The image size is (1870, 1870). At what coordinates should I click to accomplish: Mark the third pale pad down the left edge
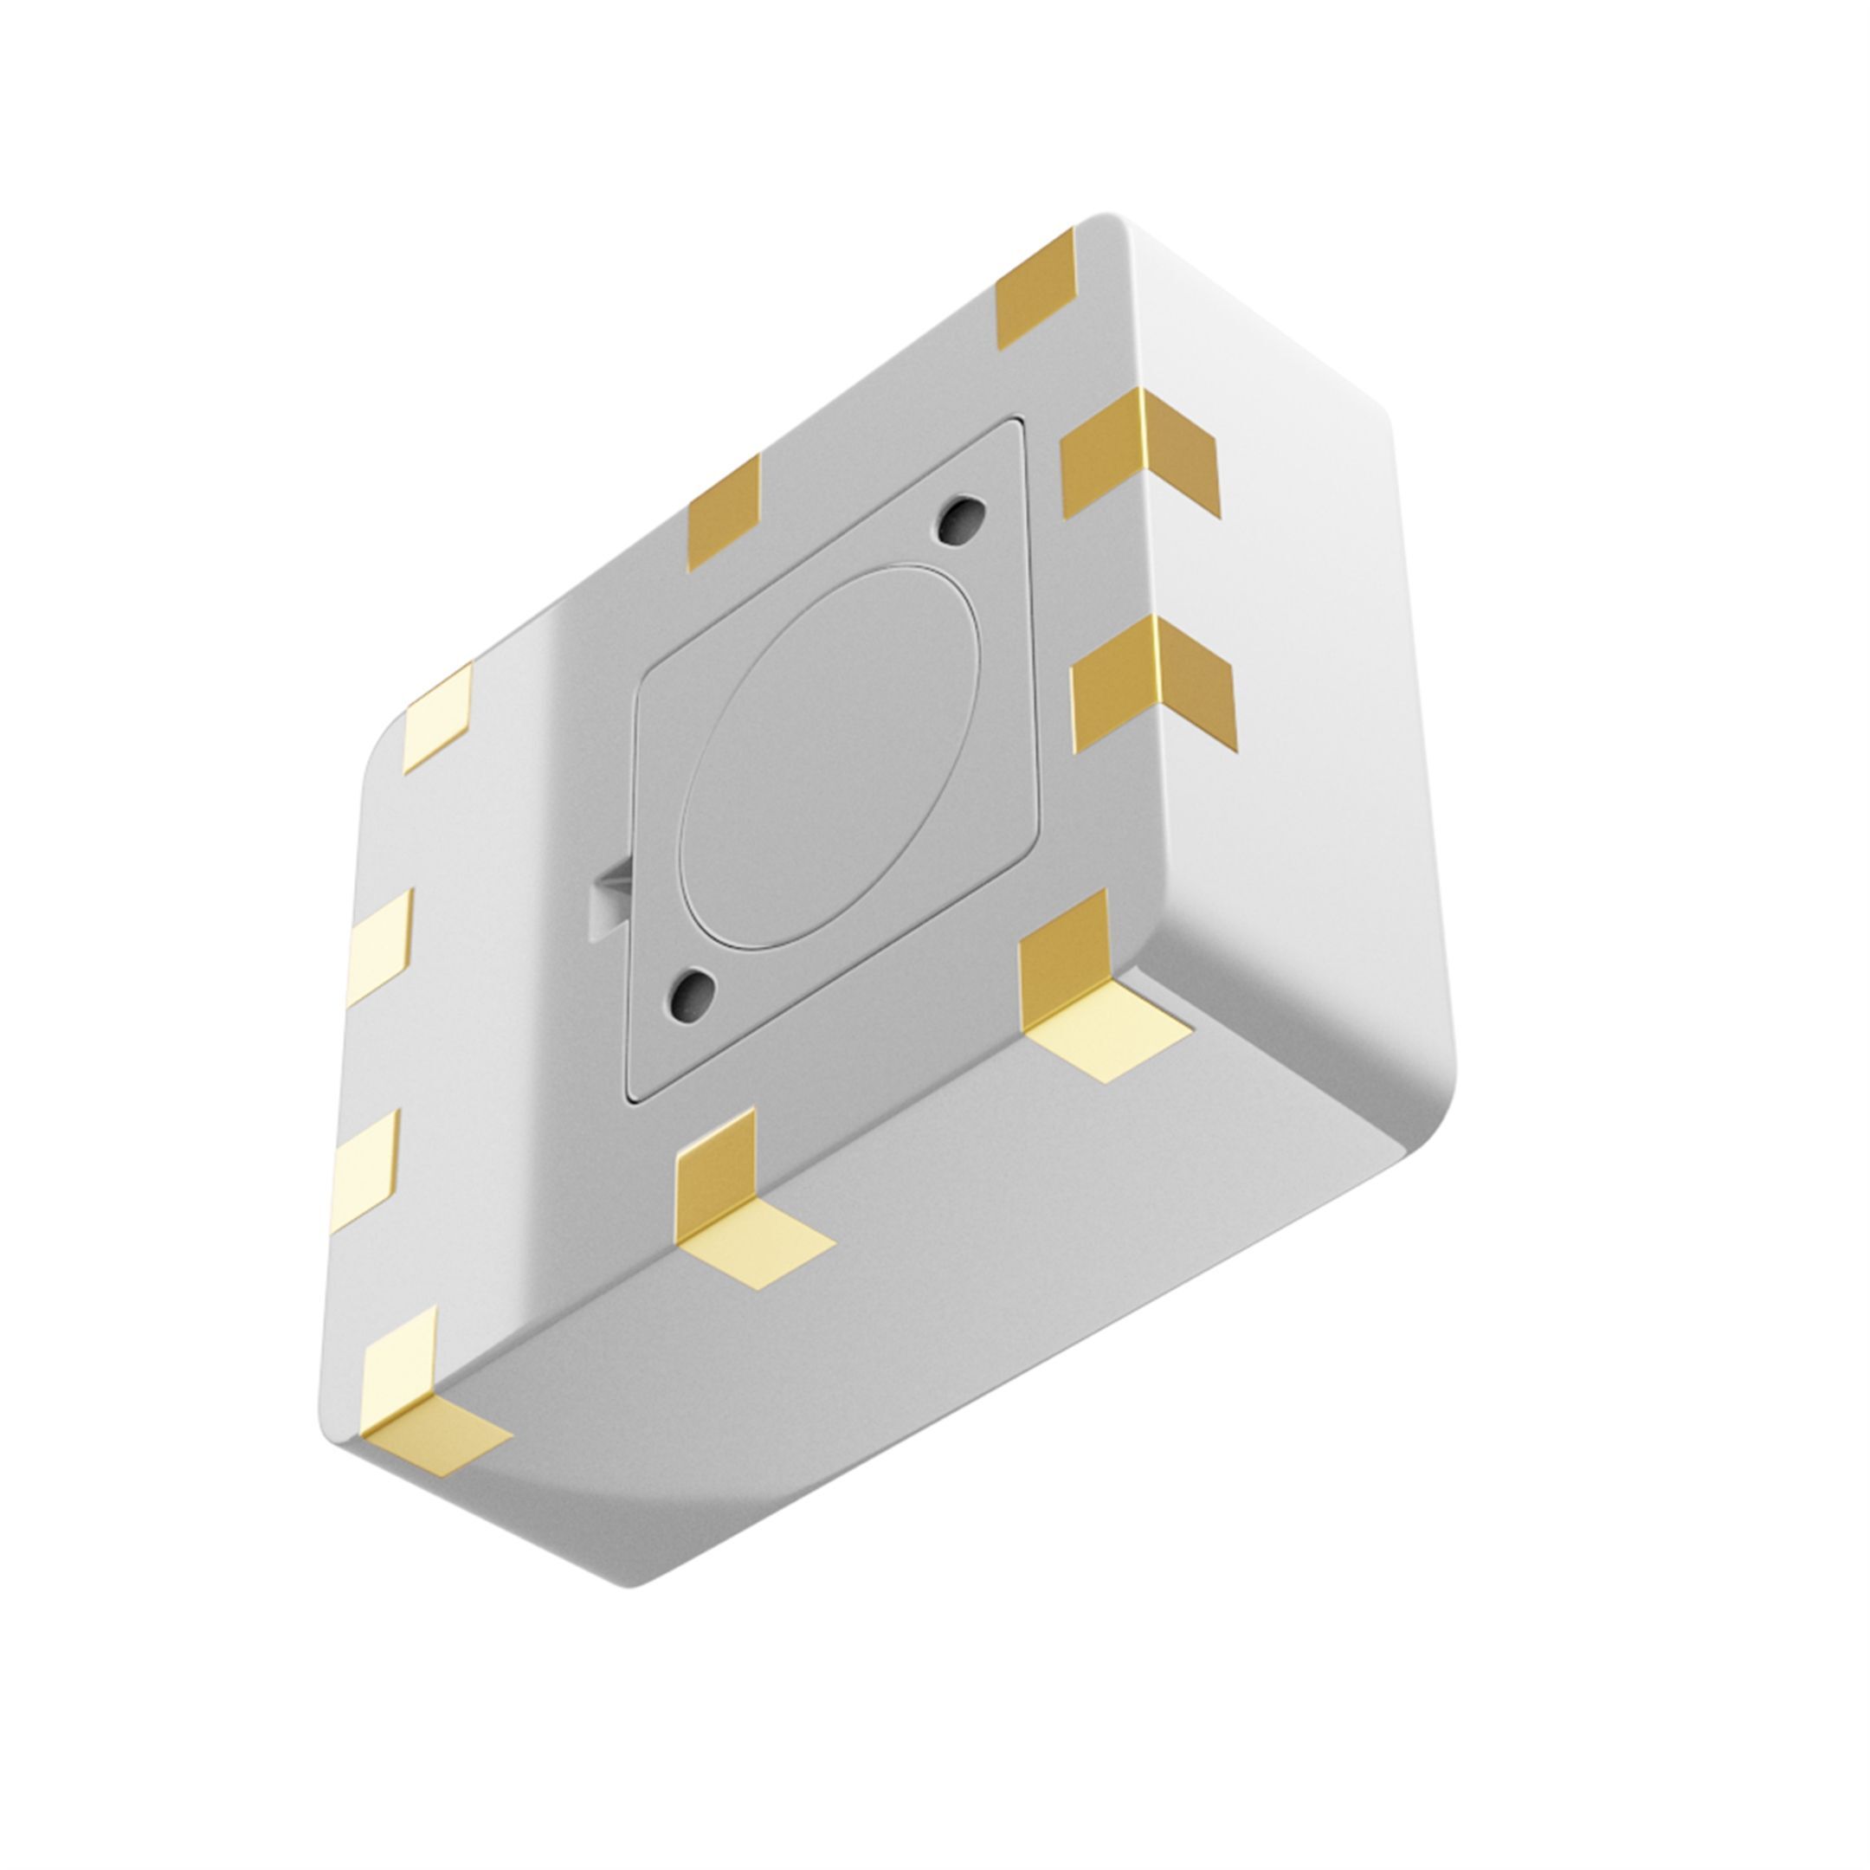(367, 1164)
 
